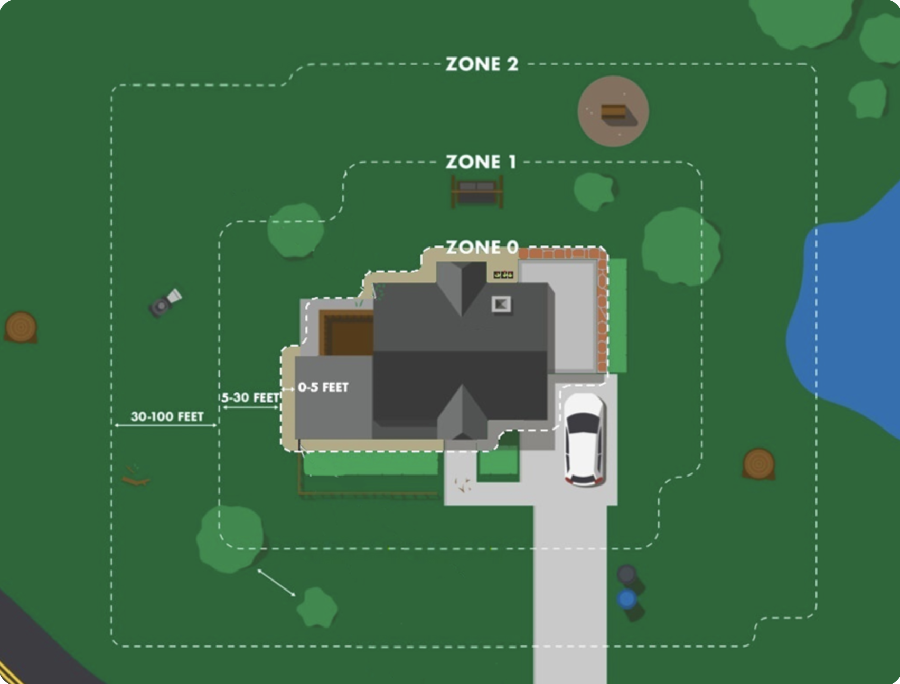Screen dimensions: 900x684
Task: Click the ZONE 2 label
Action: click(x=482, y=64)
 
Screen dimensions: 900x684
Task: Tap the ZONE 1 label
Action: click(x=481, y=162)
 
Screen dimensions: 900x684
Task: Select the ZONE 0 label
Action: click(x=482, y=247)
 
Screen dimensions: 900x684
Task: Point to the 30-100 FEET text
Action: click(x=167, y=416)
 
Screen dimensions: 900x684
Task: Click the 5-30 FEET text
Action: click(x=250, y=397)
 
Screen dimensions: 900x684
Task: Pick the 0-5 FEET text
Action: click(x=323, y=387)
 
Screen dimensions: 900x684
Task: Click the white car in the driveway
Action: click(x=584, y=438)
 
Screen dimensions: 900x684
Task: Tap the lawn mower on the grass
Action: click(x=165, y=303)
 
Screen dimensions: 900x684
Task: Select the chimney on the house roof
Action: click(x=501, y=304)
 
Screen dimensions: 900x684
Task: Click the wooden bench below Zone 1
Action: click(x=477, y=191)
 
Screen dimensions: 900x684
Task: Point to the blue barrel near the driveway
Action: click(x=627, y=600)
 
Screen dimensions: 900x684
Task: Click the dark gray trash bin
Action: click(x=627, y=575)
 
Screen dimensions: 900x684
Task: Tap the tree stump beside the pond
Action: click(x=759, y=463)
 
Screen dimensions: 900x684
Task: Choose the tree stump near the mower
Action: click(x=21, y=326)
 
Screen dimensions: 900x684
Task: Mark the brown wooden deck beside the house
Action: click(x=346, y=334)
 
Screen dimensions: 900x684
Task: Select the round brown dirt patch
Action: click(x=613, y=111)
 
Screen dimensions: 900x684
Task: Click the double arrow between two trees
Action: click(x=276, y=583)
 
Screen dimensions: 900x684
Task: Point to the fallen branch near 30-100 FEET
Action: click(x=135, y=477)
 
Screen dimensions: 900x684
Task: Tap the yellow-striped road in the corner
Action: click(x=32, y=649)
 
